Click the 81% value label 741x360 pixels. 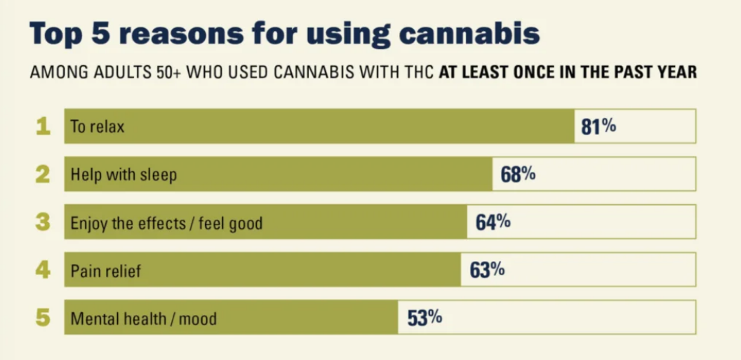599,126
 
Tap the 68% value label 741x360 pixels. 518,174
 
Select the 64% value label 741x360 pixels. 493,222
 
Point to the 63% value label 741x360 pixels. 487,269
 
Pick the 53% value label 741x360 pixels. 425,318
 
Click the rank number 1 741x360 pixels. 43,127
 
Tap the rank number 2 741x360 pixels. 43,175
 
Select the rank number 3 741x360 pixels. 43,222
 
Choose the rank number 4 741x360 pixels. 43,270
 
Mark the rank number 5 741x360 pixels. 43,318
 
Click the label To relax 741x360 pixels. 97,127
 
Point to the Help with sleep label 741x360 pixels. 123,175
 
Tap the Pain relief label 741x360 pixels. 105,271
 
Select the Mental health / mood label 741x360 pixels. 143,319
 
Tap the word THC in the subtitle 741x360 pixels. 419,72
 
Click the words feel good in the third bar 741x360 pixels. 231,223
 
